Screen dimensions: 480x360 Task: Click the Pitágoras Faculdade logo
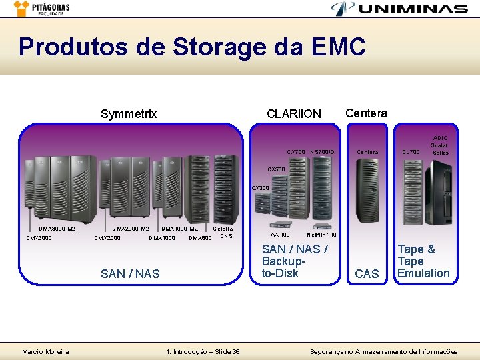[41, 9]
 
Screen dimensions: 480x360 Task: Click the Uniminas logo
[399, 9]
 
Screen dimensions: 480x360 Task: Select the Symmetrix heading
[129, 114]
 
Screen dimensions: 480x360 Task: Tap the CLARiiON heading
[293, 114]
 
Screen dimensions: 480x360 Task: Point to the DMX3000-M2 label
[57, 229]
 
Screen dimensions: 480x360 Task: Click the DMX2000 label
[107, 237]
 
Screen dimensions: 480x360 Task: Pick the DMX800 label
[200, 237]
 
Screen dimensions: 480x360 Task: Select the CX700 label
[296, 152]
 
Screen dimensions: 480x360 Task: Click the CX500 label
[276, 170]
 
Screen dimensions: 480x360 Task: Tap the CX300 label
[260, 188]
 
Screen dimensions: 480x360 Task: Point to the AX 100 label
[280, 235]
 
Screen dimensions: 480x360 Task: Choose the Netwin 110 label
[321, 235]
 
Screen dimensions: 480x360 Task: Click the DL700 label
[411, 152]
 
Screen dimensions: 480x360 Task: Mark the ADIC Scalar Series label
[439, 145]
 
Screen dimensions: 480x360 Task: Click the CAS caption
[367, 274]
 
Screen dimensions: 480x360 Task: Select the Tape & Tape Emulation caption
[423, 261]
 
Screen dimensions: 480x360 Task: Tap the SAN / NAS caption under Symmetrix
[130, 273]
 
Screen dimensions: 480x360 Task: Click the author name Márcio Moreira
[45, 351]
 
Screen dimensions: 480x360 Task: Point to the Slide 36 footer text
[203, 351]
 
